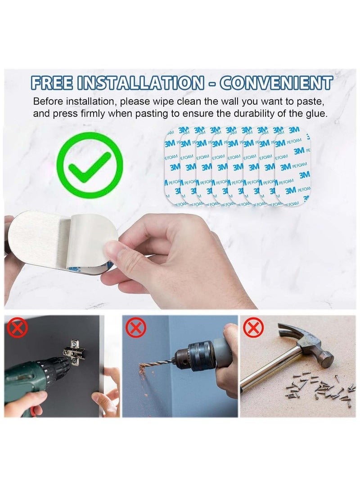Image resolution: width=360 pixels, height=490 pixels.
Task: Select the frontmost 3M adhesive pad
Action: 292,166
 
